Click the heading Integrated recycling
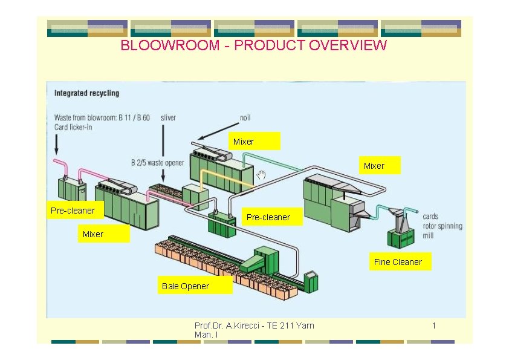click(86, 93)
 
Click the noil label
click(245, 117)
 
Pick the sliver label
click(168, 117)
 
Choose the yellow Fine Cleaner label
click(398, 262)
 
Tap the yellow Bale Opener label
click(186, 286)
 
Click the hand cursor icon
click(261, 175)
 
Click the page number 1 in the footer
click(433, 326)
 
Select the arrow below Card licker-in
click(56, 144)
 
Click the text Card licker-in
click(73, 126)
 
